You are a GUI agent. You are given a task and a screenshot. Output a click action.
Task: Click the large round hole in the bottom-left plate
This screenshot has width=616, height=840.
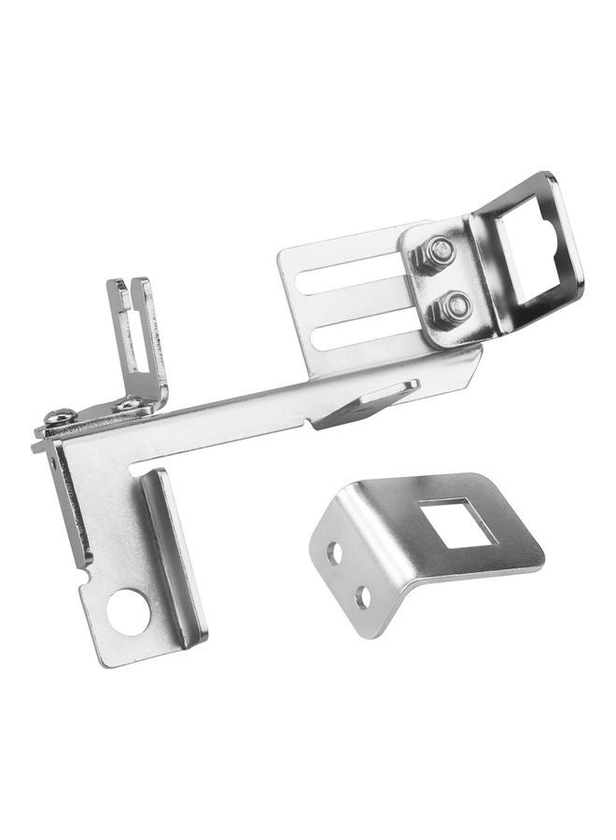[x=128, y=612]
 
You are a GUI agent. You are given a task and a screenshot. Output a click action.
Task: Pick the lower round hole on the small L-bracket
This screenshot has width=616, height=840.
[x=362, y=597]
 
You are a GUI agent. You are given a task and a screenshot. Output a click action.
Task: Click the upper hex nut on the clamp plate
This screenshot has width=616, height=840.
[x=439, y=252]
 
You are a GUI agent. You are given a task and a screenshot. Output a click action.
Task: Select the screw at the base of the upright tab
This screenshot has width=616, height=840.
[x=129, y=405]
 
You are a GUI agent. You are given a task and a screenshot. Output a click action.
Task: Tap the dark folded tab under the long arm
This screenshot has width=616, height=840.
[x=364, y=407]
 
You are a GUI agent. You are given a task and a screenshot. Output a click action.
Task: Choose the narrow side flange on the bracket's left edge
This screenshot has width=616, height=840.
[x=69, y=504]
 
